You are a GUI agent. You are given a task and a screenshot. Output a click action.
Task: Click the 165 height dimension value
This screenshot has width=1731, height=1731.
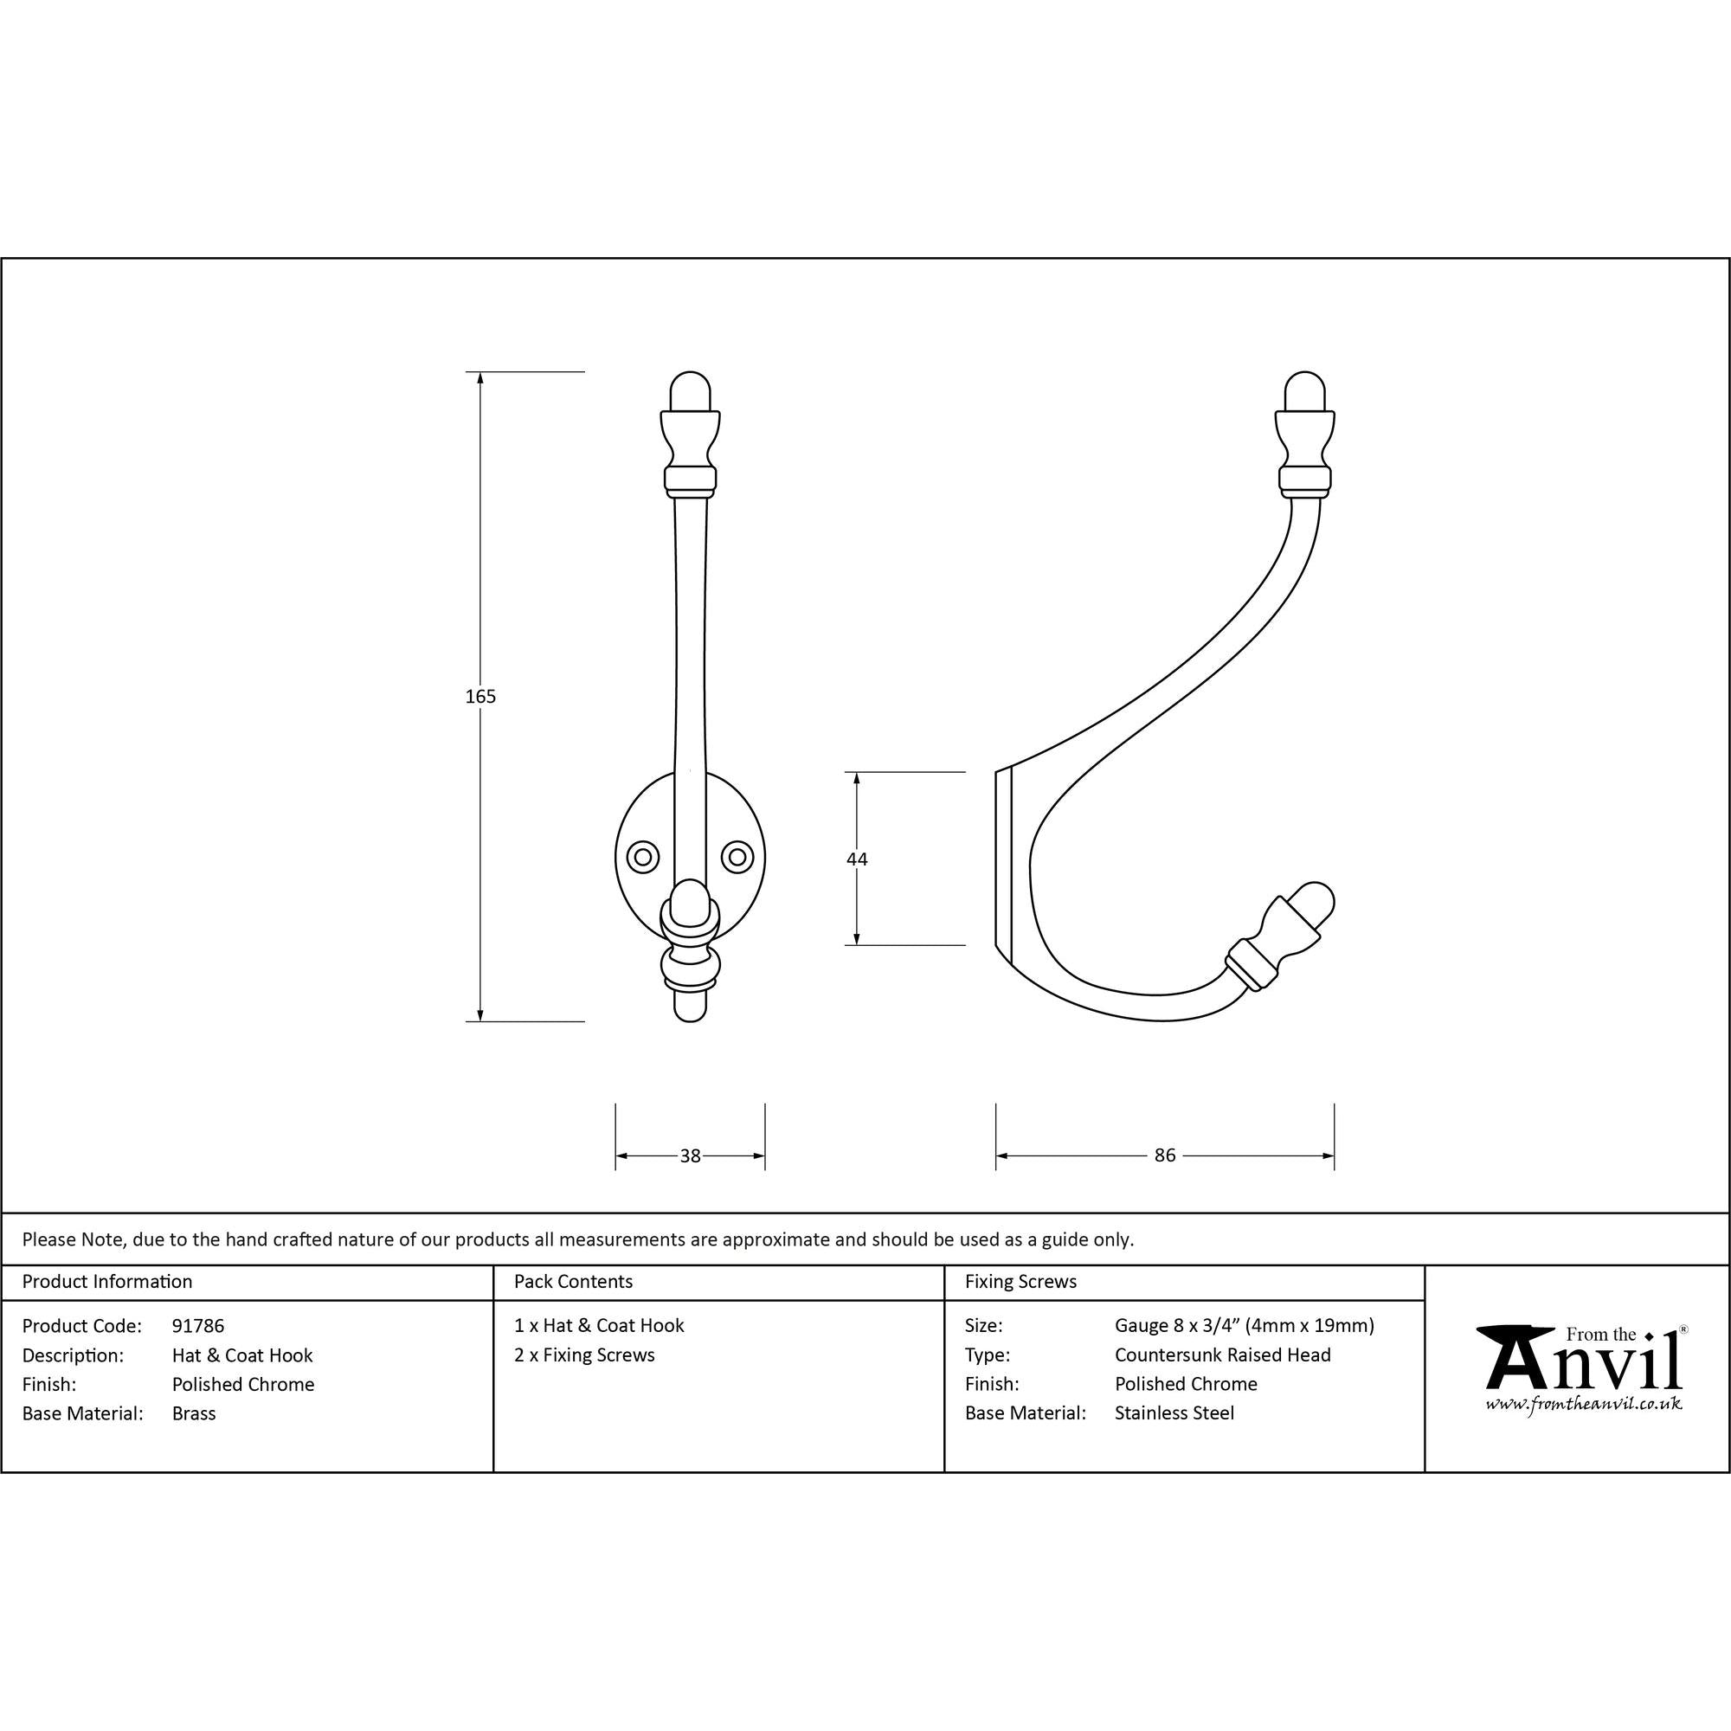(480, 696)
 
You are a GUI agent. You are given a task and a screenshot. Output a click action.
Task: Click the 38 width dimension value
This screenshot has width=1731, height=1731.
(690, 1155)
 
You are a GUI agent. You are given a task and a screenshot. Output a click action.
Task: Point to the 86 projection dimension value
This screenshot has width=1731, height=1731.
(1164, 1155)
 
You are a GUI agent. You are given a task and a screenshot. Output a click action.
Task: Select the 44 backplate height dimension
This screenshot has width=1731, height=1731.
(857, 859)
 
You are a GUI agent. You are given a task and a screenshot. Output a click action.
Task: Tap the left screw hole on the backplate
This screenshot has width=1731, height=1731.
(642, 857)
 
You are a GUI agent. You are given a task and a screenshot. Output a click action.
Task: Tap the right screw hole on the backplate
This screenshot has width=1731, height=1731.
(737, 857)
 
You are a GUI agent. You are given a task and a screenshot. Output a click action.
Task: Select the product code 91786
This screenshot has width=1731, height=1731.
(198, 1325)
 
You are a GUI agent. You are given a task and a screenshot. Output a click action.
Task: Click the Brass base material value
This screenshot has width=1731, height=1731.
(194, 1413)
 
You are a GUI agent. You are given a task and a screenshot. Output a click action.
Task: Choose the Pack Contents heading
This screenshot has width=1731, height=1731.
(572, 1281)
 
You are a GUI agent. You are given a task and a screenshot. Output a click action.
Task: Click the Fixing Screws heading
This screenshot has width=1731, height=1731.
(1020, 1281)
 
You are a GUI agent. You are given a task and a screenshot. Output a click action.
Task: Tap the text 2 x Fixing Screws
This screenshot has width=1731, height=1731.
(584, 1355)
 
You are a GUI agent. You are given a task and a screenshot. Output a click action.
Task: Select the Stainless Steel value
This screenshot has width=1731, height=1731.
(1174, 1413)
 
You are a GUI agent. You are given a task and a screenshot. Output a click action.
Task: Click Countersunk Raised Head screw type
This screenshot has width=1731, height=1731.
(1222, 1355)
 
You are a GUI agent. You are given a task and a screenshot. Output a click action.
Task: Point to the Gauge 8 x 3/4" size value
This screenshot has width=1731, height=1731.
(1244, 1325)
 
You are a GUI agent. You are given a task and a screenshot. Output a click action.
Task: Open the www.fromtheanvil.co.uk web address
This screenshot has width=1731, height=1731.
(1583, 1404)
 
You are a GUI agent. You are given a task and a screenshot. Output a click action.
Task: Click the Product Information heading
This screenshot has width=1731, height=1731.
(107, 1281)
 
